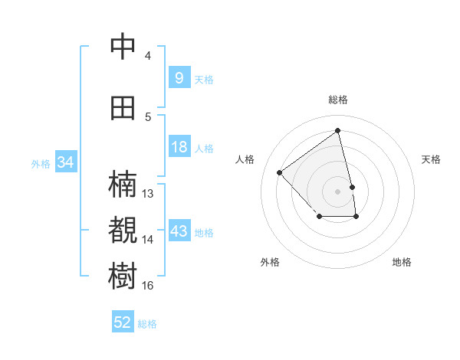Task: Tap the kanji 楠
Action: [123, 185]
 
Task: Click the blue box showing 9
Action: [179, 78]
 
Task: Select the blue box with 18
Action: [179, 148]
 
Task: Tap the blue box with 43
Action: [179, 232]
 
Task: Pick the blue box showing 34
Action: [65, 162]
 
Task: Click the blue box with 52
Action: [123, 322]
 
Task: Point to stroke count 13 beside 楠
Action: [148, 194]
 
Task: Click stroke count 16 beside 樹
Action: [148, 286]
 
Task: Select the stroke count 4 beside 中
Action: [148, 56]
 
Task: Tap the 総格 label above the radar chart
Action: [337, 100]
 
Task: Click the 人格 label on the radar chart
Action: [245, 159]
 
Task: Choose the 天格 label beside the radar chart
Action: [432, 159]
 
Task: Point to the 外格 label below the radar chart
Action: [270, 263]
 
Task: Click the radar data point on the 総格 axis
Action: [337, 131]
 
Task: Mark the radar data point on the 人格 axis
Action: [280, 172]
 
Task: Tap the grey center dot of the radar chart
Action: [337, 191]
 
